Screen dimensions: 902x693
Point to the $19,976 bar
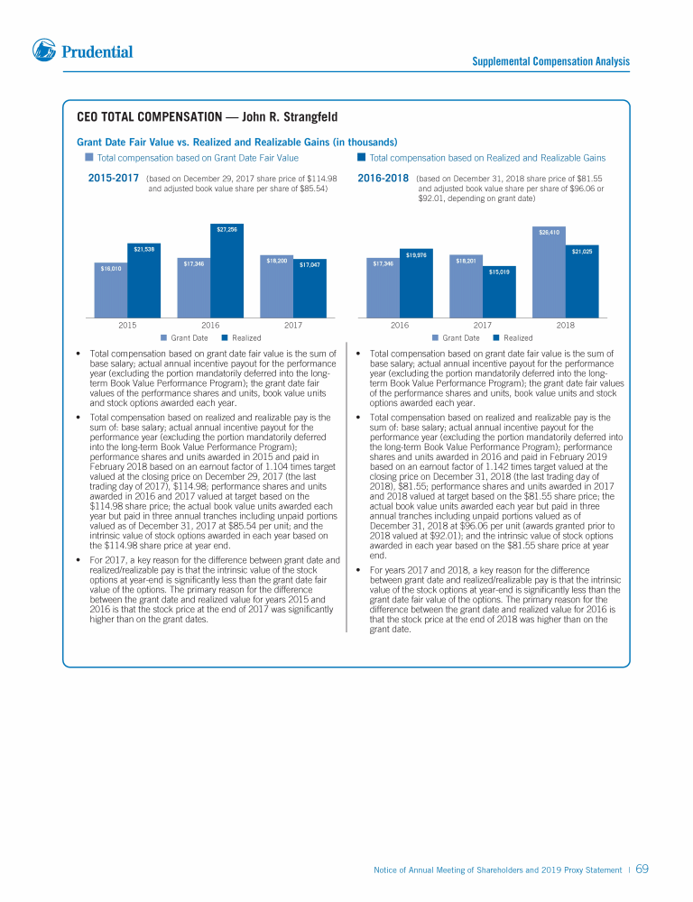point(416,283)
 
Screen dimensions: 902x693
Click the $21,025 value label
point(582,252)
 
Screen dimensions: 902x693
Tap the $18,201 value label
point(466,261)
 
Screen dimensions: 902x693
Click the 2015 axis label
point(127,325)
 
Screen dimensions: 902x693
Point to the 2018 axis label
point(566,325)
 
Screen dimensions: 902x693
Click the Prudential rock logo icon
point(44,51)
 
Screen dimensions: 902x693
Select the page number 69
point(642,869)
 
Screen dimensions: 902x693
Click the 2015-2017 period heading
point(113,179)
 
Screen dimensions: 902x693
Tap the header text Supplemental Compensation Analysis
point(550,62)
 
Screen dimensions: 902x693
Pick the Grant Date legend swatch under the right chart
point(435,338)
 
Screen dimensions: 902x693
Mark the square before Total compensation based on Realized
point(362,158)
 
